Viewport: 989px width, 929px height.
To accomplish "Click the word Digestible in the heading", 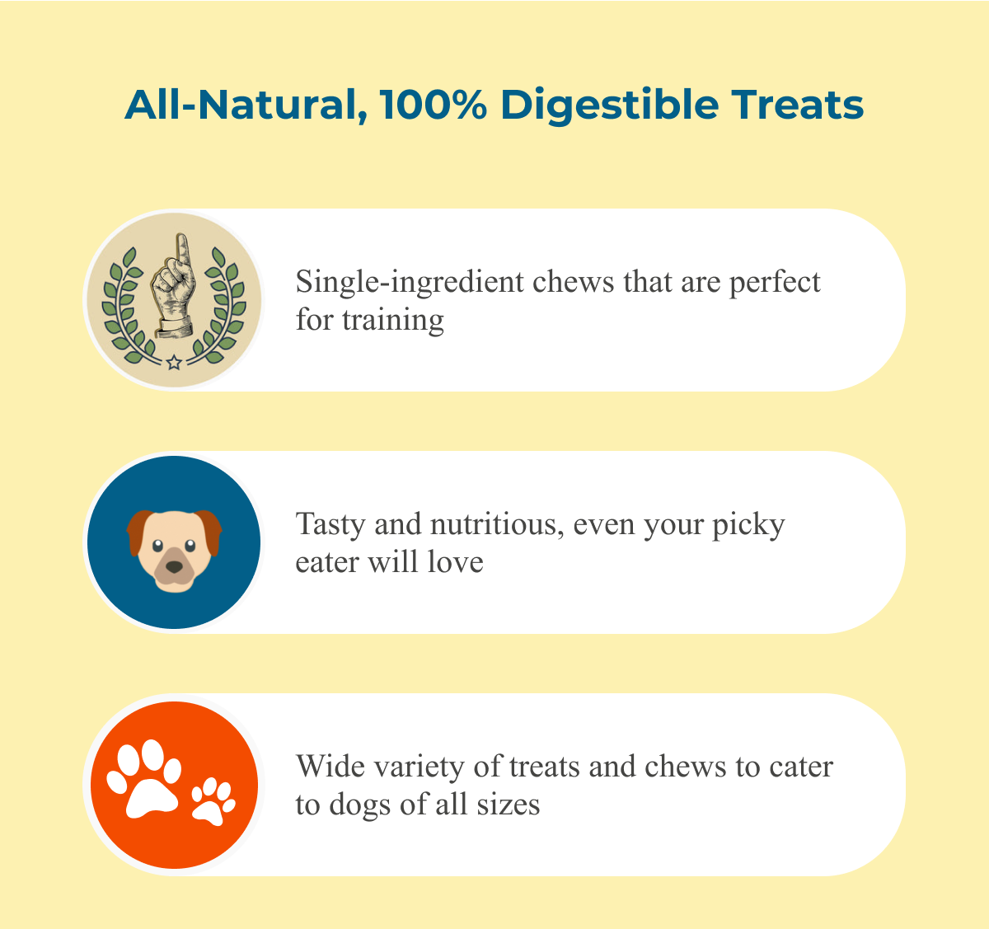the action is tap(610, 106).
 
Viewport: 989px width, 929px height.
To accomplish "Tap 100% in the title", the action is tap(433, 105).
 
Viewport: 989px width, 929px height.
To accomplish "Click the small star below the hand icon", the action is tap(174, 362).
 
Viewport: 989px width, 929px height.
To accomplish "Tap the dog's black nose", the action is tap(174, 567).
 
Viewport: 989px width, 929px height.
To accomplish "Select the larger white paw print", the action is tap(144, 779).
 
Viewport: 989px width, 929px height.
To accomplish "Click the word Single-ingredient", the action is tap(410, 283).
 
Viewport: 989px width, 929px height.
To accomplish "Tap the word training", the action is tap(393, 321).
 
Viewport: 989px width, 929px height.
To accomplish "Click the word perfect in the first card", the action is tap(775, 283).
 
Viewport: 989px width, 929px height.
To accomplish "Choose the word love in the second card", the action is tap(455, 562).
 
